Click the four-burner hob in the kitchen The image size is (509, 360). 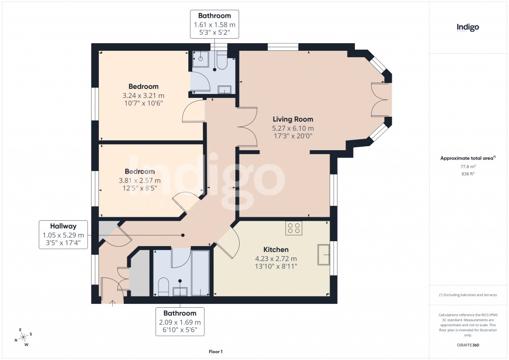[294, 228]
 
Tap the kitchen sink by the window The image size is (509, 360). [324, 255]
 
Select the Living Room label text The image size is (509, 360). [293, 119]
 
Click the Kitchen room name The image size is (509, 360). [276, 249]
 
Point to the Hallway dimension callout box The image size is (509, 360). [64, 235]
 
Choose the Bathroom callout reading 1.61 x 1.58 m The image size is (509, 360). [214, 24]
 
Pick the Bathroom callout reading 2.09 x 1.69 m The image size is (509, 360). [180, 322]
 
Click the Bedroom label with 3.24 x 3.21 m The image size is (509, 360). [143, 87]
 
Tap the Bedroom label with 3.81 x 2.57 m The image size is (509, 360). [141, 172]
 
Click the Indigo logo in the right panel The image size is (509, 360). [468, 28]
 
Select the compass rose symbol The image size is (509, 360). [23, 337]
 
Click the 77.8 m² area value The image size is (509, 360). [468, 168]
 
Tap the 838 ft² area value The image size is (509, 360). [468, 175]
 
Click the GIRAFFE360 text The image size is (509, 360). [468, 345]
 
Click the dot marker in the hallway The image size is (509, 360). [183, 235]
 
